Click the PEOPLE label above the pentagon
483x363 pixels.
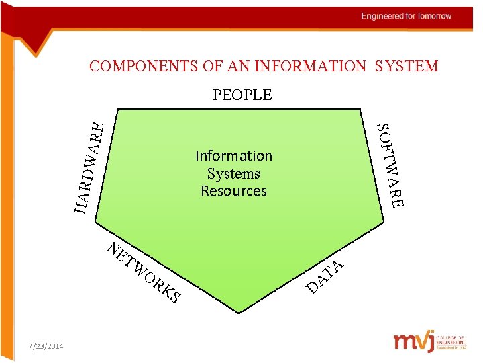point(242,95)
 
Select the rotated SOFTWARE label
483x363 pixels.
point(390,165)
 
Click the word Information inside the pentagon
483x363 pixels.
point(233,156)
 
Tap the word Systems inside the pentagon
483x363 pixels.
point(233,173)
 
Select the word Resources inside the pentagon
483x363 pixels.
point(233,191)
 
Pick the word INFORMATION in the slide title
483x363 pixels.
point(315,66)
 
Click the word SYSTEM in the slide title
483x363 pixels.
point(407,66)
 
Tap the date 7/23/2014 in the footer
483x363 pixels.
point(46,346)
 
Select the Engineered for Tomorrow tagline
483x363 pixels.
point(407,16)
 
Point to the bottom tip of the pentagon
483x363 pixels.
point(239,311)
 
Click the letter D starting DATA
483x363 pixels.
point(312,288)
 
